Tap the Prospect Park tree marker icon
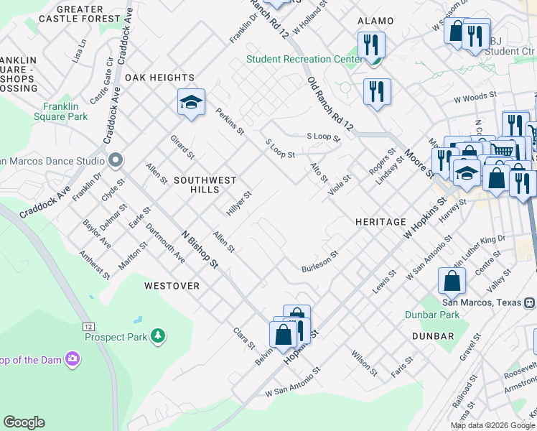tap(157, 335)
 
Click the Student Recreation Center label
tap(304, 59)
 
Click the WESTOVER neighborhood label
tap(172, 285)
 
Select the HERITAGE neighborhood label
tap(380, 222)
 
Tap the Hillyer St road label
tap(239, 203)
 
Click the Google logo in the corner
tap(24, 422)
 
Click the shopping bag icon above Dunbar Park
tap(452, 282)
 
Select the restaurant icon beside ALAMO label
tap(371, 45)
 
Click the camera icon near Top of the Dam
tap(72, 358)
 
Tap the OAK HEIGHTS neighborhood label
tap(159, 78)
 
